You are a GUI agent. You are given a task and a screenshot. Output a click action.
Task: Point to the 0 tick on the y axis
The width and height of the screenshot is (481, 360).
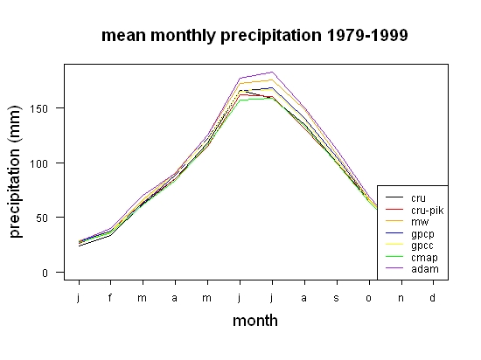(45, 273)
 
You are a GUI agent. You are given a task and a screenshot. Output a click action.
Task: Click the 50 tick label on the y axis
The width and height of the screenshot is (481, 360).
(42, 218)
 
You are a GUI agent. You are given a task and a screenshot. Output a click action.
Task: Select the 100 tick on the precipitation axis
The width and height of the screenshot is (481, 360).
(39, 163)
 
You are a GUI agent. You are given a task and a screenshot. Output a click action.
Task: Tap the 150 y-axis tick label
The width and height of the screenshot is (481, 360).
(39, 108)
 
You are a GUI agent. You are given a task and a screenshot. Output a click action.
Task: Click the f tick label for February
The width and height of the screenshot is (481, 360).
(110, 297)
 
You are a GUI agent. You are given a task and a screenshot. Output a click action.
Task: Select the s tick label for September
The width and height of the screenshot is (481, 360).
(336, 298)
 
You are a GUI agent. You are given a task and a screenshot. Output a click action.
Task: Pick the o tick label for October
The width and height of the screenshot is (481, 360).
(368, 298)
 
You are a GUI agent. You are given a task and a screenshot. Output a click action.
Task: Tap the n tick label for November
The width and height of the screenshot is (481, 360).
(401, 298)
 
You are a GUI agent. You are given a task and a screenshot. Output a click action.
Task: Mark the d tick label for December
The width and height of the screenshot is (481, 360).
(432, 297)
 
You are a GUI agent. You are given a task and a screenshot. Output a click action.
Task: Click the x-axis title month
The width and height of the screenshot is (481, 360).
(255, 321)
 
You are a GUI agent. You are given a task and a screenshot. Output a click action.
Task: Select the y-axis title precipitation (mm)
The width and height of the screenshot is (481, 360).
(15, 171)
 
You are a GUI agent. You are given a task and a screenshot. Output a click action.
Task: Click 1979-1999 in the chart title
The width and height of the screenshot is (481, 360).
(367, 35)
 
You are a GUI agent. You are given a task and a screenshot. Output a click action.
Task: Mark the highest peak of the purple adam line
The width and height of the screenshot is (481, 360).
(272, 73)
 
